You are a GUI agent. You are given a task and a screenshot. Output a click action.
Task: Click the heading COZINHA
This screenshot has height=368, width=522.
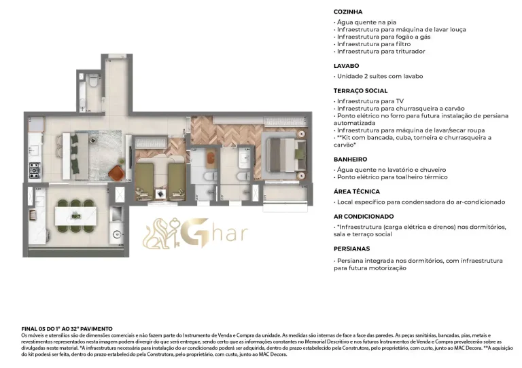347,12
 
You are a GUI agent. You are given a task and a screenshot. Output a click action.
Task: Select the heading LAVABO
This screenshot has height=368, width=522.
346,66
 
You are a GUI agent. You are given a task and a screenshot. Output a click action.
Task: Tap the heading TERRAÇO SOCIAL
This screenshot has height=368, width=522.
360,90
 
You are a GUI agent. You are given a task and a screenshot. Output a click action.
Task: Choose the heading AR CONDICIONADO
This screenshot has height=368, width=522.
364,216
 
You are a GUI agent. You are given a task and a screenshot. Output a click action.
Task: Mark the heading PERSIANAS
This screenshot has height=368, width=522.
351,249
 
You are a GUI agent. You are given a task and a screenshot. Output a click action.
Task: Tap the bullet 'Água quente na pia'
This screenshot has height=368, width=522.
366,22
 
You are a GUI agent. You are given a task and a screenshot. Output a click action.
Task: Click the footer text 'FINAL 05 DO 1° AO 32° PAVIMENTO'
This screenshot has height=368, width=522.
67,328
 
